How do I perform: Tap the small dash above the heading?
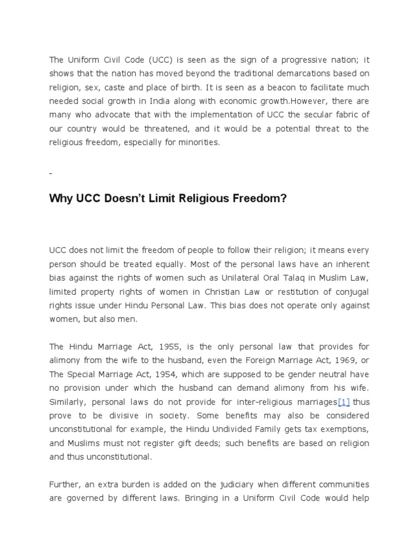point(51,173)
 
